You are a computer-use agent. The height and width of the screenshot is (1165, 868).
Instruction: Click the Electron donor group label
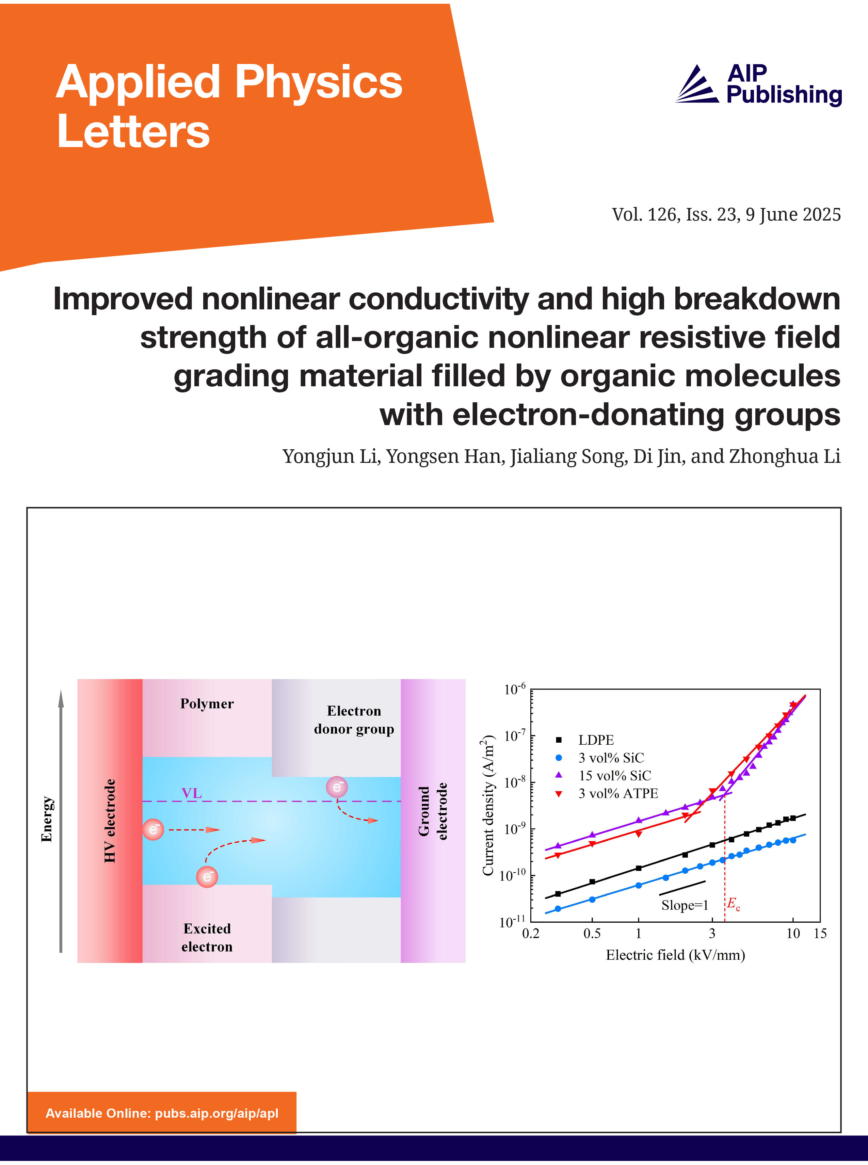[x=354, y=719]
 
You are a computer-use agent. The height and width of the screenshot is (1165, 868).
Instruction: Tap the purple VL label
[x=192, y=793]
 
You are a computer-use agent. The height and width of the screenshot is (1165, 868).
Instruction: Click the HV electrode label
[x=109, y=821]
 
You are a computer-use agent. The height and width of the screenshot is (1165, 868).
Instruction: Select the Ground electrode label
[x=432, y=811]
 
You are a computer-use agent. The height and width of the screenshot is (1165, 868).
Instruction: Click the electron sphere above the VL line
[x=337, y=787]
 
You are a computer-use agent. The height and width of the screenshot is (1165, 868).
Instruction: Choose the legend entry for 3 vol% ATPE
[x=607, y=793]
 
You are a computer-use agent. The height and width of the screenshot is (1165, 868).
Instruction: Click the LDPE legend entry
[x=584, y=740]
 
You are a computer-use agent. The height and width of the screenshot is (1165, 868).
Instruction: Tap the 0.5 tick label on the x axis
[x=592, y=933]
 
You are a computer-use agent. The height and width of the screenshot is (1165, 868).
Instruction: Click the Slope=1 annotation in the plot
[x=685, y=905]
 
